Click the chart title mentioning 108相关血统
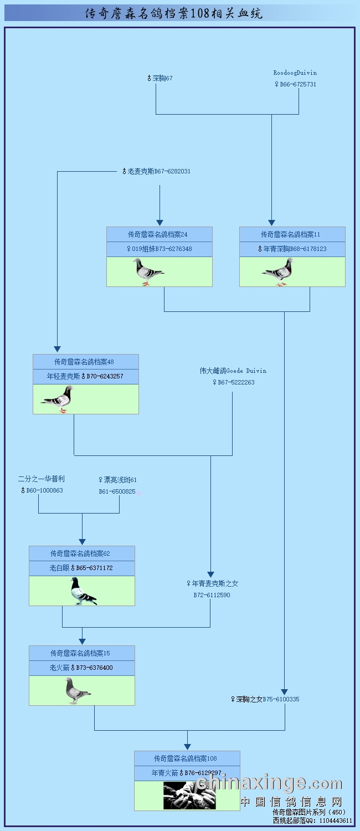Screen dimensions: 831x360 [x=174, y=13]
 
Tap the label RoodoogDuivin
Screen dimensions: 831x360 [x=295, y=73]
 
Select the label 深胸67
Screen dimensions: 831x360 [x=160, y=79]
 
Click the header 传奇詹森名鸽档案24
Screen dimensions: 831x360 [x=160, y=234]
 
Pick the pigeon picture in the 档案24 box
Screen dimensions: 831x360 [x=148, y=272]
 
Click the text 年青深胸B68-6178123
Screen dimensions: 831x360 [x=292, y=249]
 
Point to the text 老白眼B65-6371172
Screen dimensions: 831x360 [x=82, y=568]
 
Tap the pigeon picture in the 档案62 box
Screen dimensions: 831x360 [x=83, y=591]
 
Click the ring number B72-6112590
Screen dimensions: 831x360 [x=212, y=596]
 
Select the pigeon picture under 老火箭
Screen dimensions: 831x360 [x=78, y=691]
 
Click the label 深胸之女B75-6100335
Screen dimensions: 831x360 [x=265, y=700]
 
